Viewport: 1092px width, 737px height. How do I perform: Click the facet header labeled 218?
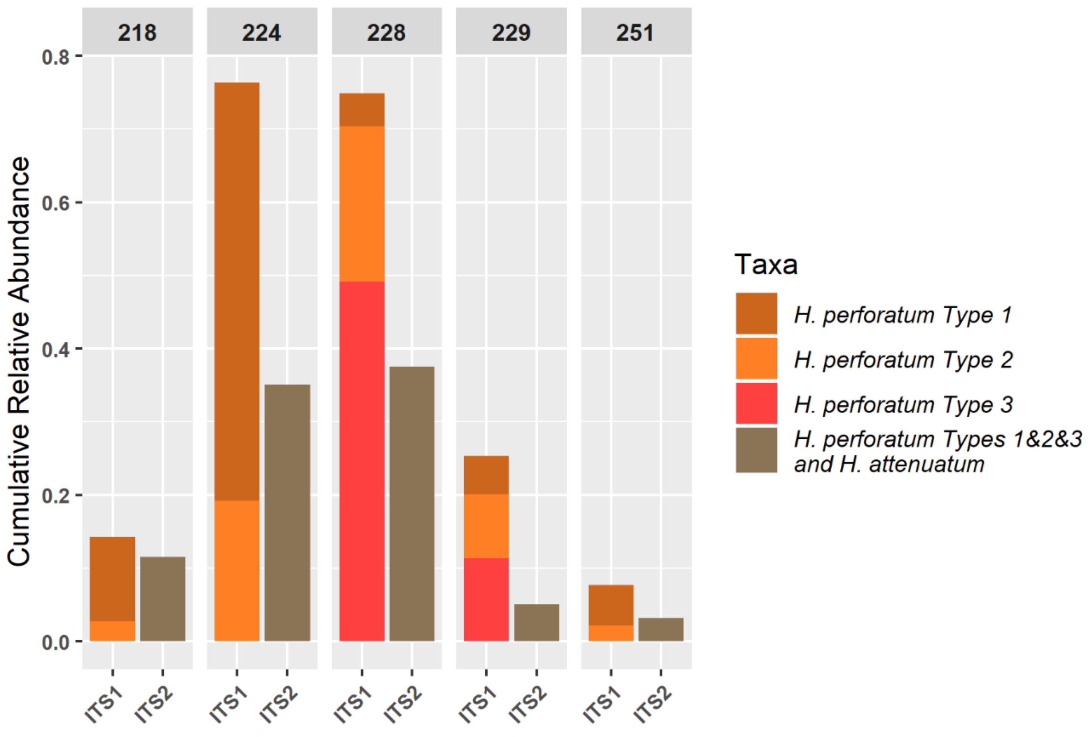137,32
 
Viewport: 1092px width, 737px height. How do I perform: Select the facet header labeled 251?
636,32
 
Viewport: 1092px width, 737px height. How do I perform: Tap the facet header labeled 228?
386,32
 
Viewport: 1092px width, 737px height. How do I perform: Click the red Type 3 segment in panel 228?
362,460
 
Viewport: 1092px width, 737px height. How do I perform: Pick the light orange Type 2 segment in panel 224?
237,570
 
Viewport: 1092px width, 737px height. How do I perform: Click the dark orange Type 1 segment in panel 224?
237,291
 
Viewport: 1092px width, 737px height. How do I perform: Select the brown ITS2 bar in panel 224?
287,512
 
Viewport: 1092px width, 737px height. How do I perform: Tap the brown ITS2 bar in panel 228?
412,504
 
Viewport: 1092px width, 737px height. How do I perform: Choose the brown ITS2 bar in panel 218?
163,598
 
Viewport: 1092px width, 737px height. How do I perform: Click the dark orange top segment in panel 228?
362,109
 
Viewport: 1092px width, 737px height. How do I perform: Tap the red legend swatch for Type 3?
756,403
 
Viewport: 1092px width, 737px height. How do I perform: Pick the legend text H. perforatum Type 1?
902,315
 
